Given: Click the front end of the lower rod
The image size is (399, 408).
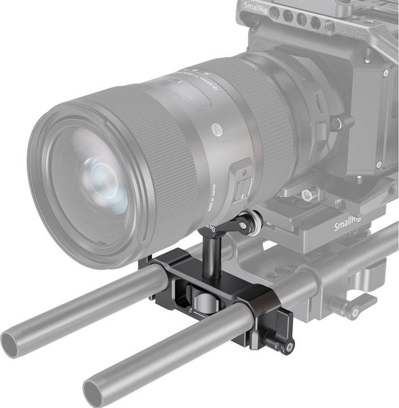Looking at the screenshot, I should [x=94, y=393].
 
